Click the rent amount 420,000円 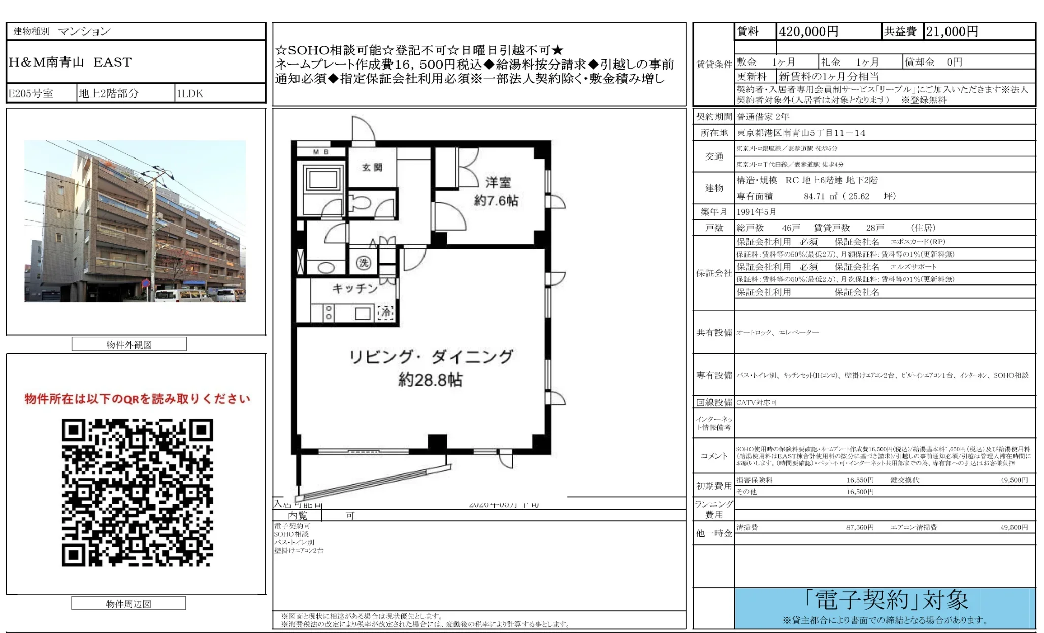(808, 31)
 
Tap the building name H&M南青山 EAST (70, 62)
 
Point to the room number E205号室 (31, 93)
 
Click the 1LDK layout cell (189, 93)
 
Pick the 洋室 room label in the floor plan (498, 182)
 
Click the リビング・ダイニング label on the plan (431, 357)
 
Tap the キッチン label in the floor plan (355, 289)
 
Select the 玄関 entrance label (372, 167)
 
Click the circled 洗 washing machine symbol (363, 263)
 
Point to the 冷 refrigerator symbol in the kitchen (386, 312)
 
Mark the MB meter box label (320, 152)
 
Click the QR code (138, 492)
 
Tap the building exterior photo (135, 221)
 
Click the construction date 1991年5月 (756, 212)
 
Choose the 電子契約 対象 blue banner (885, 608)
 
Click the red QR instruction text (138, 399)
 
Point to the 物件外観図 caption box (129, 344)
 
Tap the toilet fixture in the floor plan (362, 203)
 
